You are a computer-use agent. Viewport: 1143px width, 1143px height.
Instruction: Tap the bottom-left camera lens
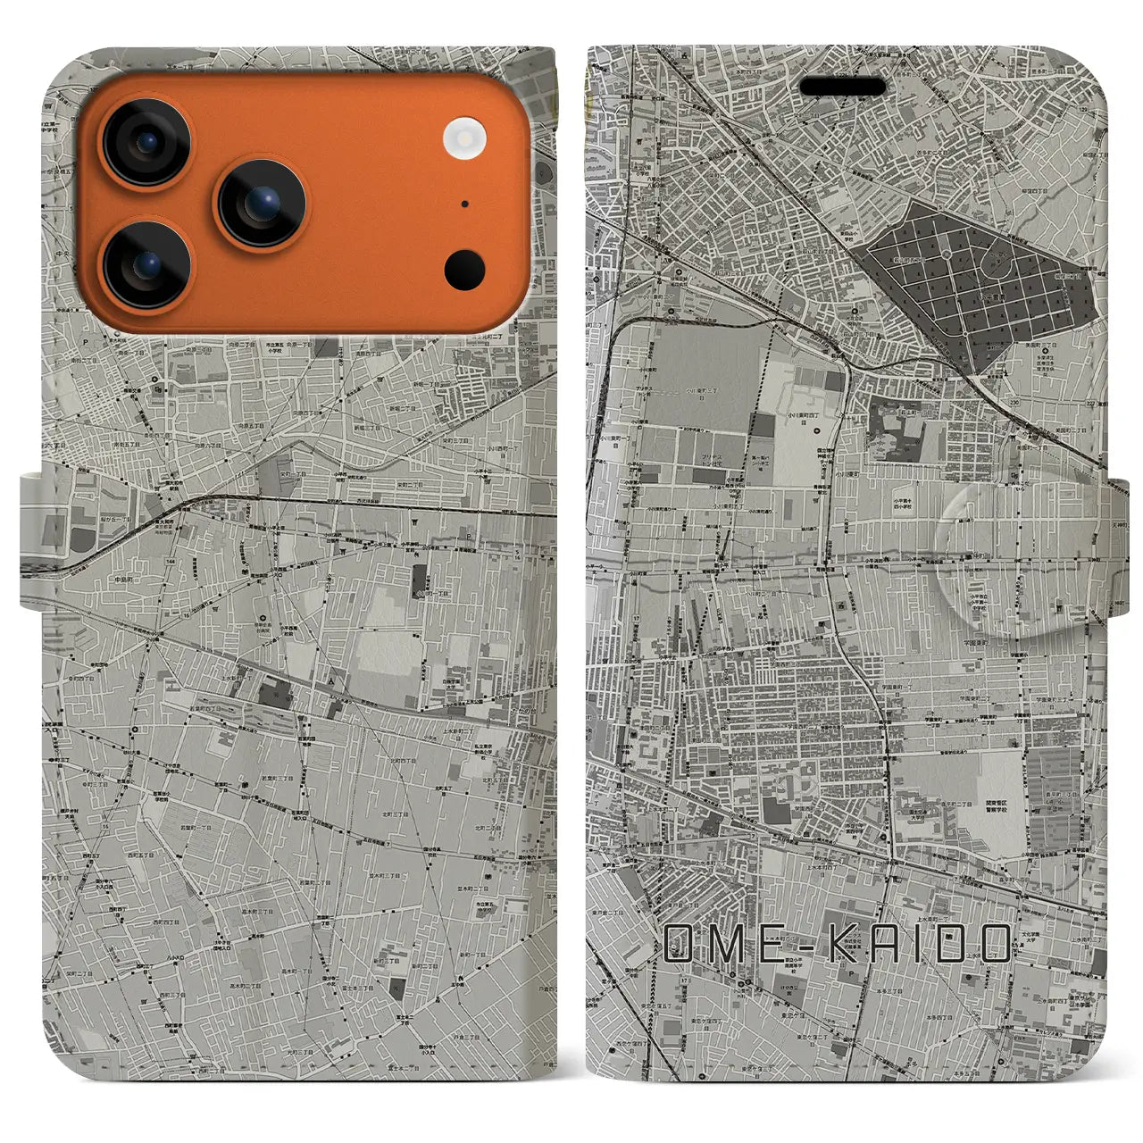146,265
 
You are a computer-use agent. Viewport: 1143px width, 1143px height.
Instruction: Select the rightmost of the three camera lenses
263,204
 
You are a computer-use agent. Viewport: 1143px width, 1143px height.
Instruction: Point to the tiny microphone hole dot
464,204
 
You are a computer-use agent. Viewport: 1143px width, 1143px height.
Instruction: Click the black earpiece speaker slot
842,87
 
